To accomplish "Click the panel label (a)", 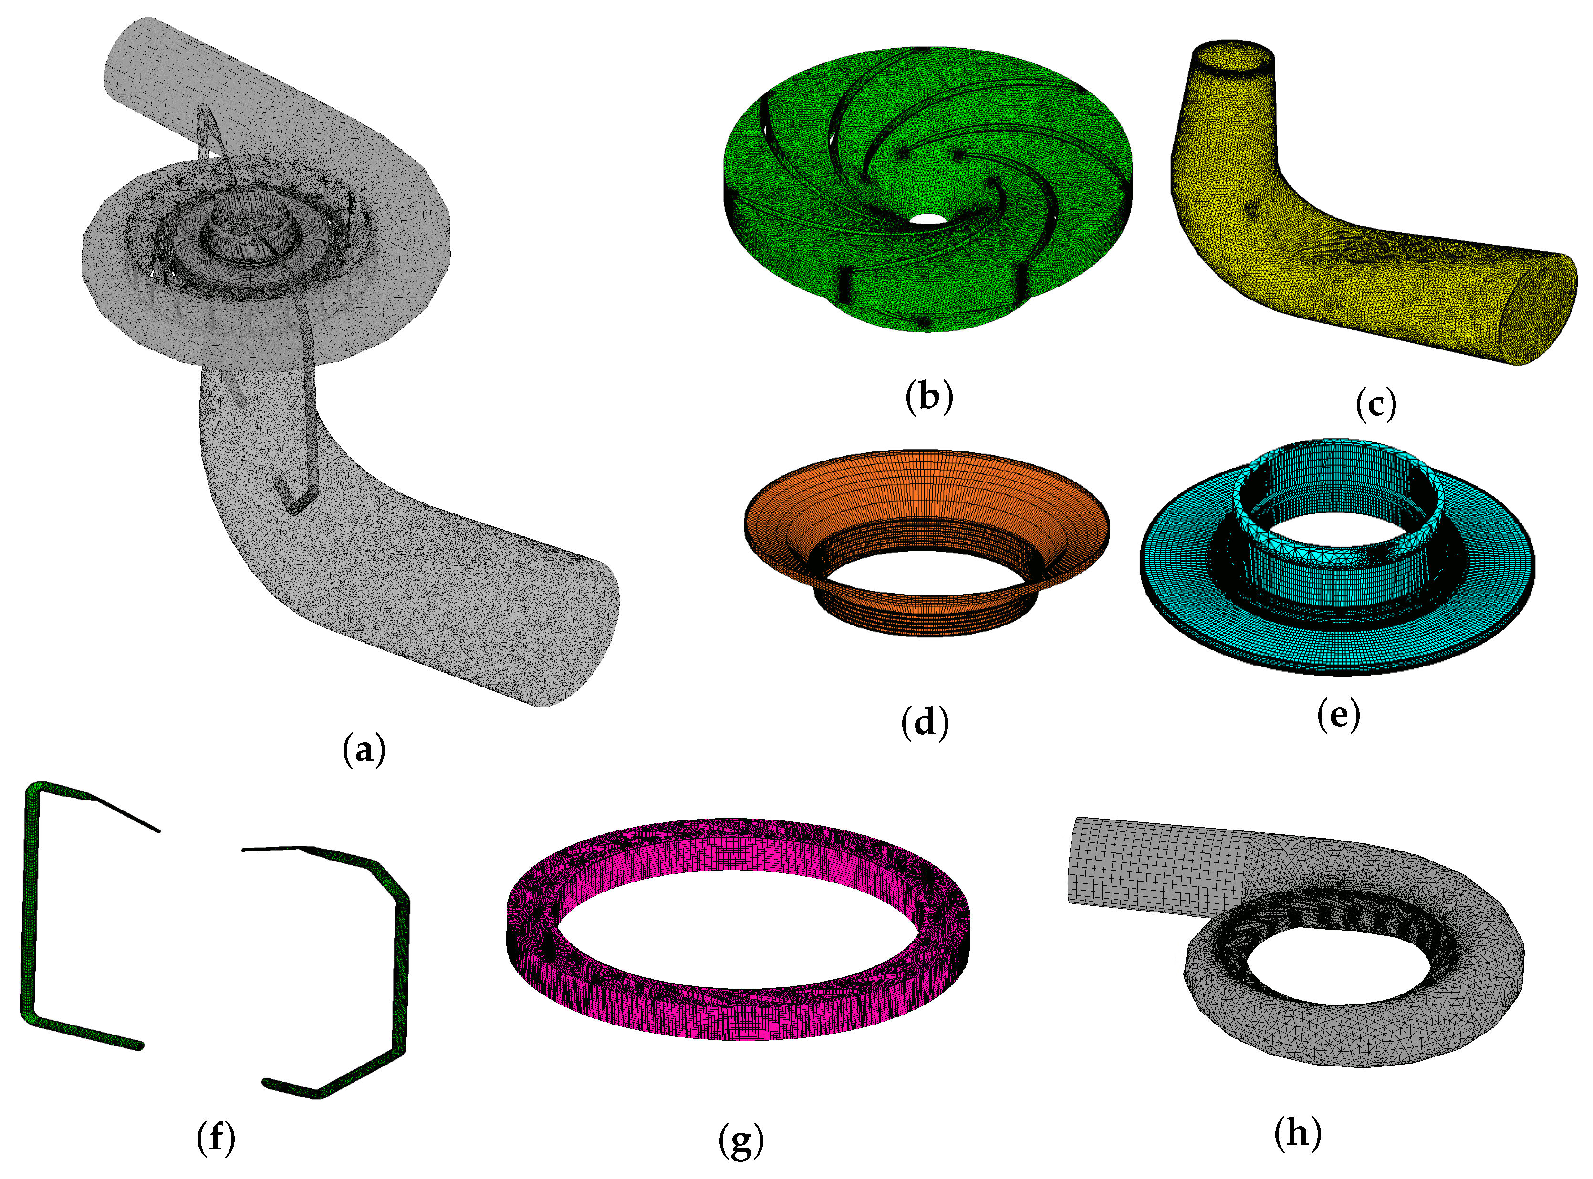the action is [x=364, y=750].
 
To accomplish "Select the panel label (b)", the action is [x=929, y=397].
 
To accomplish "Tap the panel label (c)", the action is [x=1375, y=404].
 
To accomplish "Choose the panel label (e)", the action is [x=1338, y=714].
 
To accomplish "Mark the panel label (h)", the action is [x=1297, y=1133].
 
